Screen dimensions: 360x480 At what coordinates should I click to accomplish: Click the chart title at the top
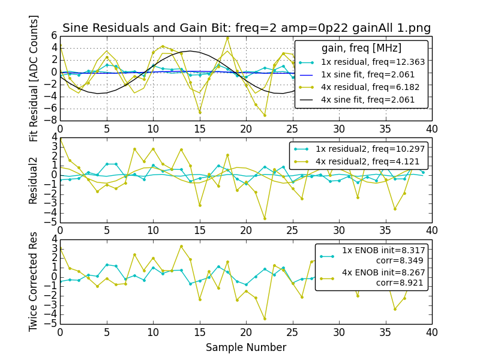coord(246,28)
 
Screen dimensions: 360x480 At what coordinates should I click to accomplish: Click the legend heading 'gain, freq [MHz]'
coord(361,48)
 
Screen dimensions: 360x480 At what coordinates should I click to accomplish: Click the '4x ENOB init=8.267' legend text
coord(383,273)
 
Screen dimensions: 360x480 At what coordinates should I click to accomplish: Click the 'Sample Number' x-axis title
coord(246,347)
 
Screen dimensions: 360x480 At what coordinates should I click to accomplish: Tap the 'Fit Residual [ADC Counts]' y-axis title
coord(34,78)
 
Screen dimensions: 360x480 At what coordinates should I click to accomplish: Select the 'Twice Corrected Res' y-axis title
coord(34,281)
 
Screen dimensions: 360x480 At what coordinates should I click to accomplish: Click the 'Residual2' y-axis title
coord(34,181)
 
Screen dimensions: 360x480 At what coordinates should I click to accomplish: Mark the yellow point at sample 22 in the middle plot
coord(265,218)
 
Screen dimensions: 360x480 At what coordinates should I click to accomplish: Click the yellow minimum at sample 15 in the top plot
coord(200,113)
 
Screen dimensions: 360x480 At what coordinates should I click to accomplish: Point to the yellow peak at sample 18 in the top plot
coord(227,38)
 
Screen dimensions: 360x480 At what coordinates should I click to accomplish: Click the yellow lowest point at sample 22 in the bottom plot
coord(265,319)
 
